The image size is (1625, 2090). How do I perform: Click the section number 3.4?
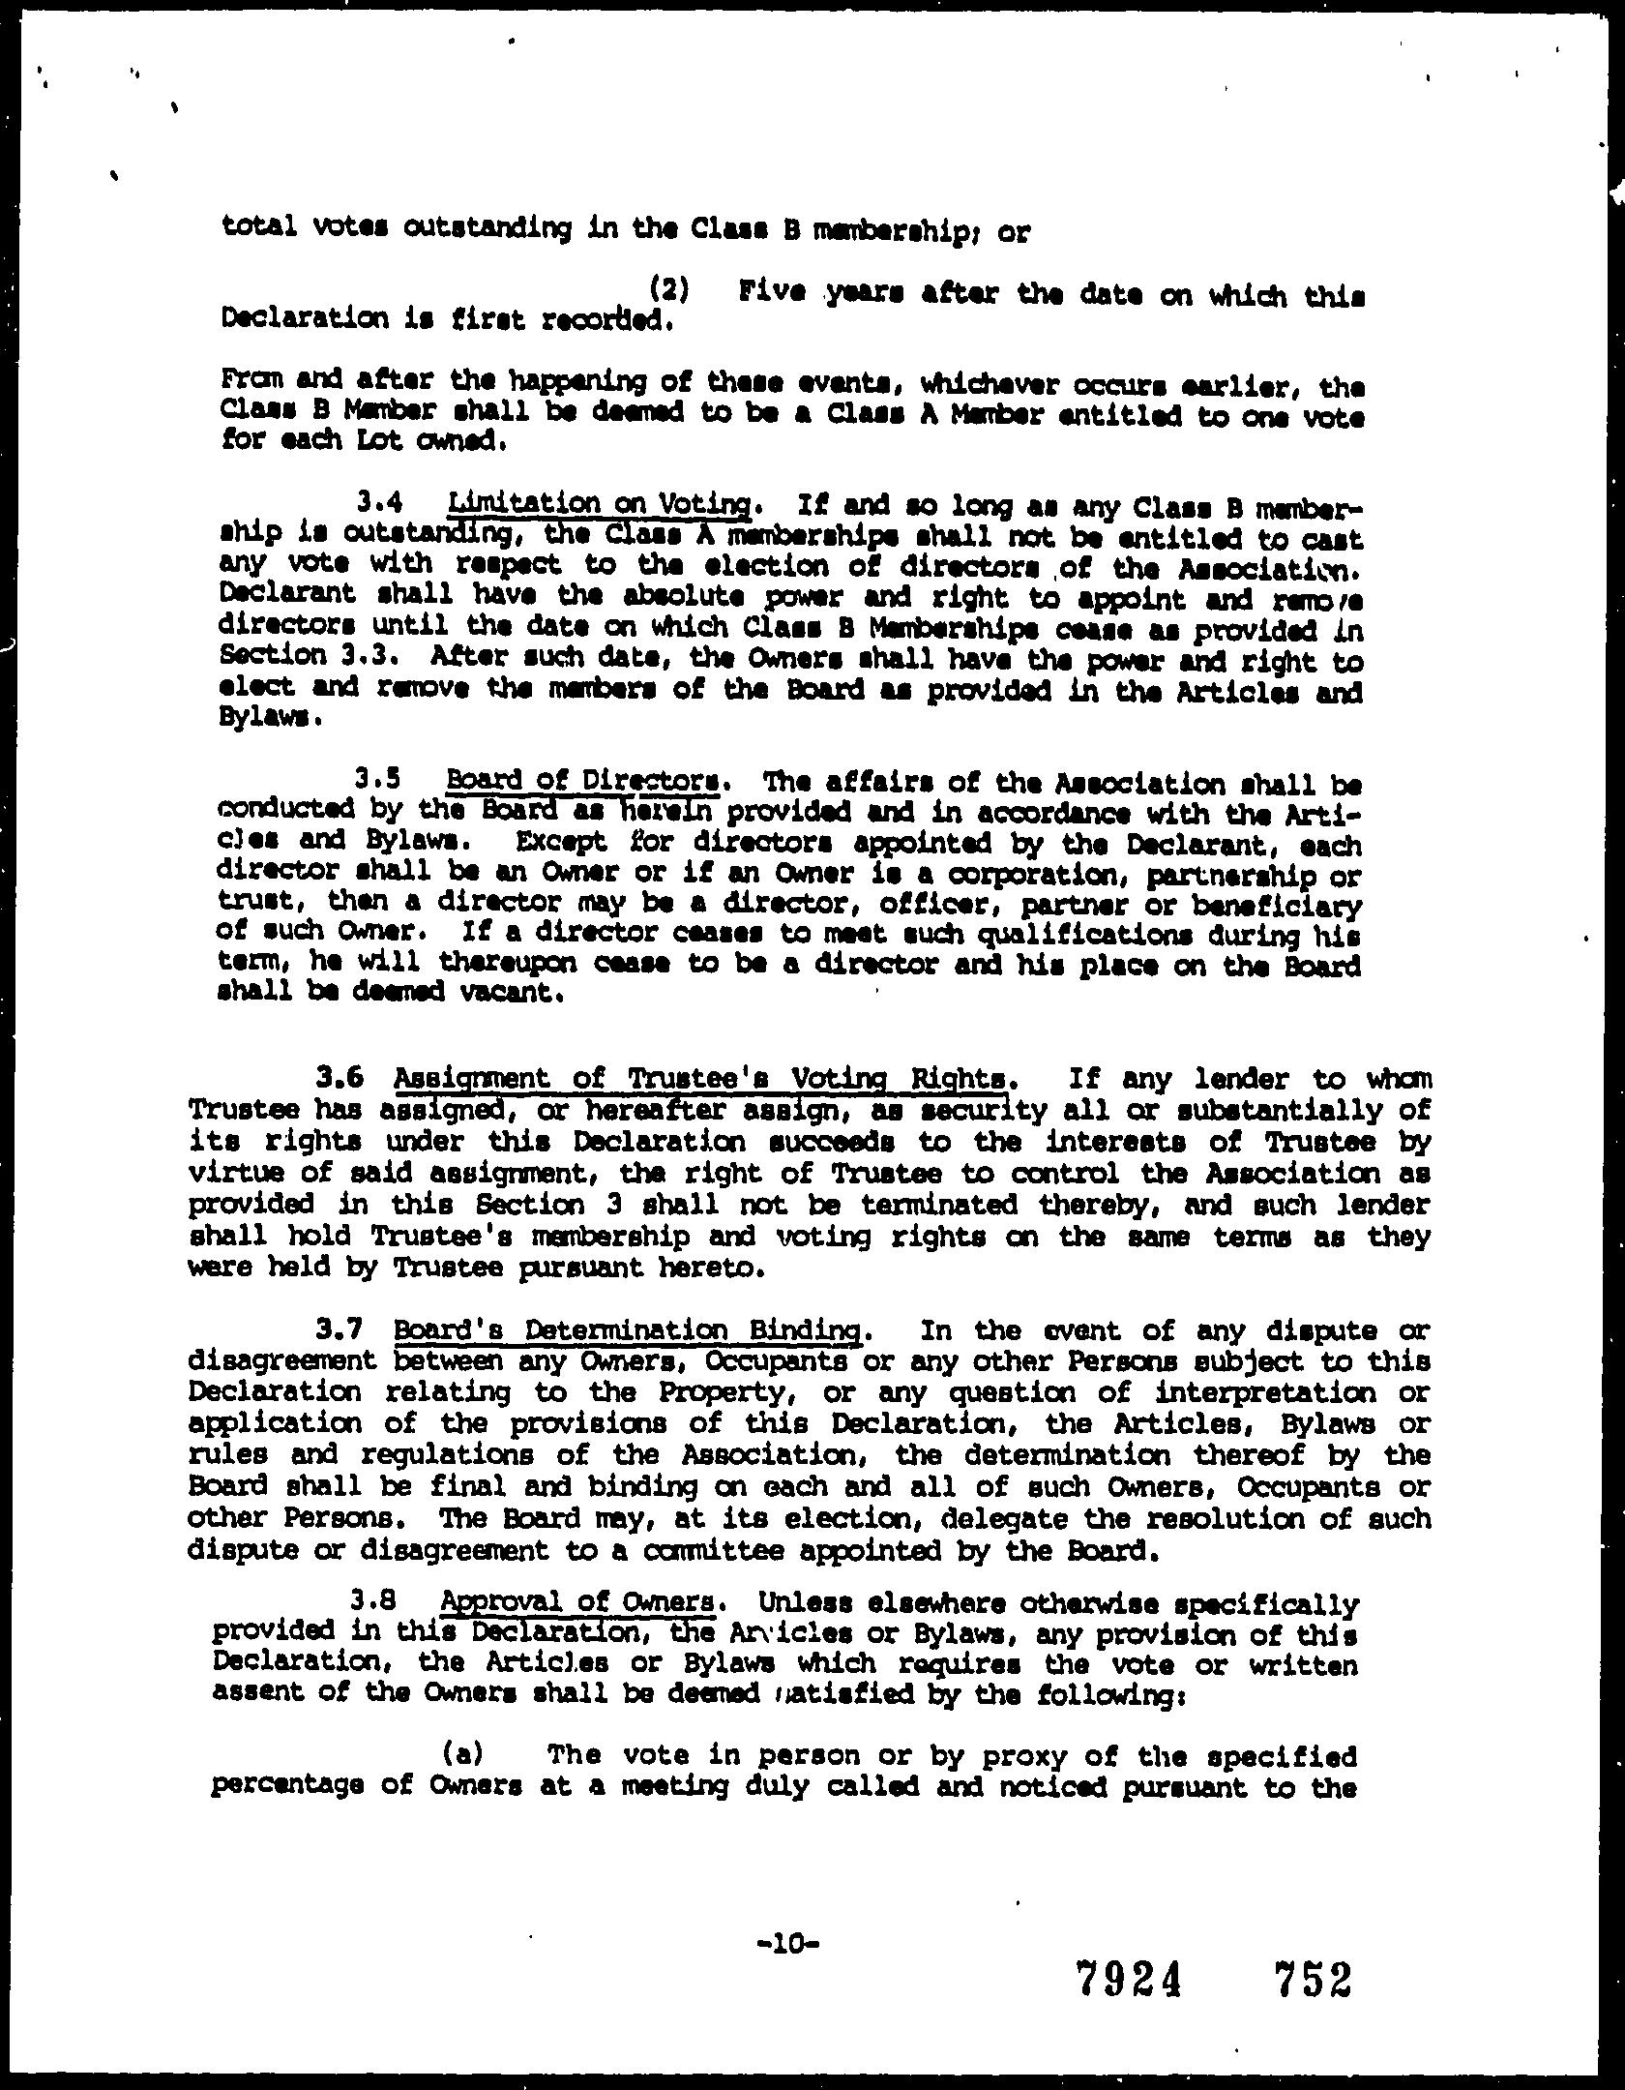[x=379, y=503]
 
